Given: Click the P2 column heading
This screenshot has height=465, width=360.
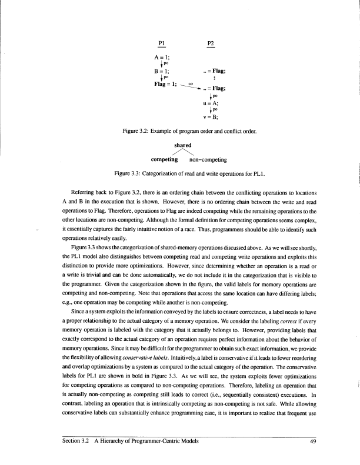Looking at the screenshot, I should [211, 44].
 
